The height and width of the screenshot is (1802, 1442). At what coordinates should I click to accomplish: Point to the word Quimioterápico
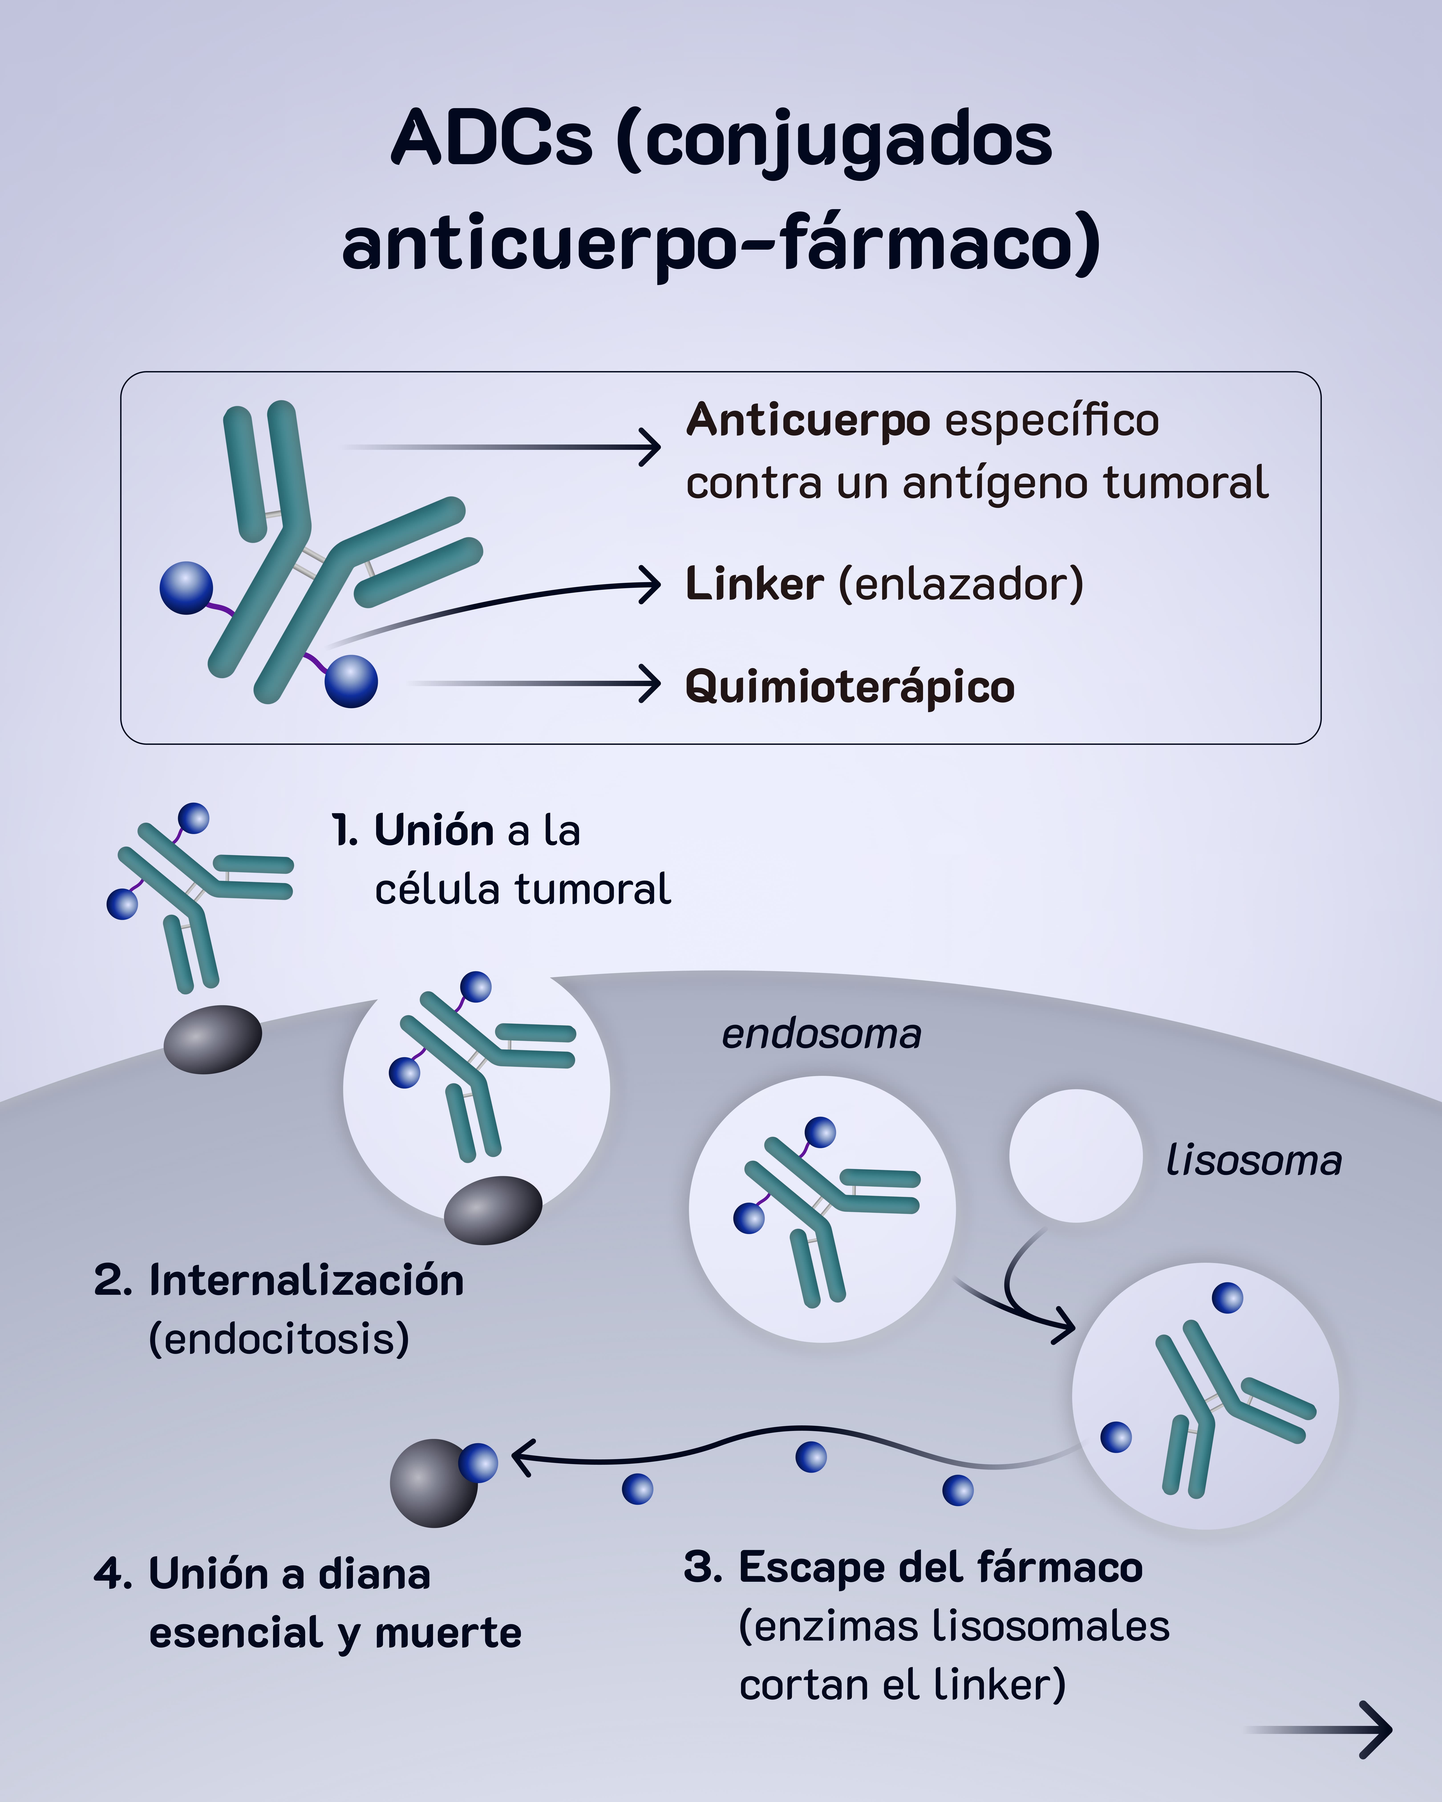[x=849, y=687]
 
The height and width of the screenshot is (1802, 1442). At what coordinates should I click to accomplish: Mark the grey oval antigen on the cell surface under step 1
[x=212, y=1038]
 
